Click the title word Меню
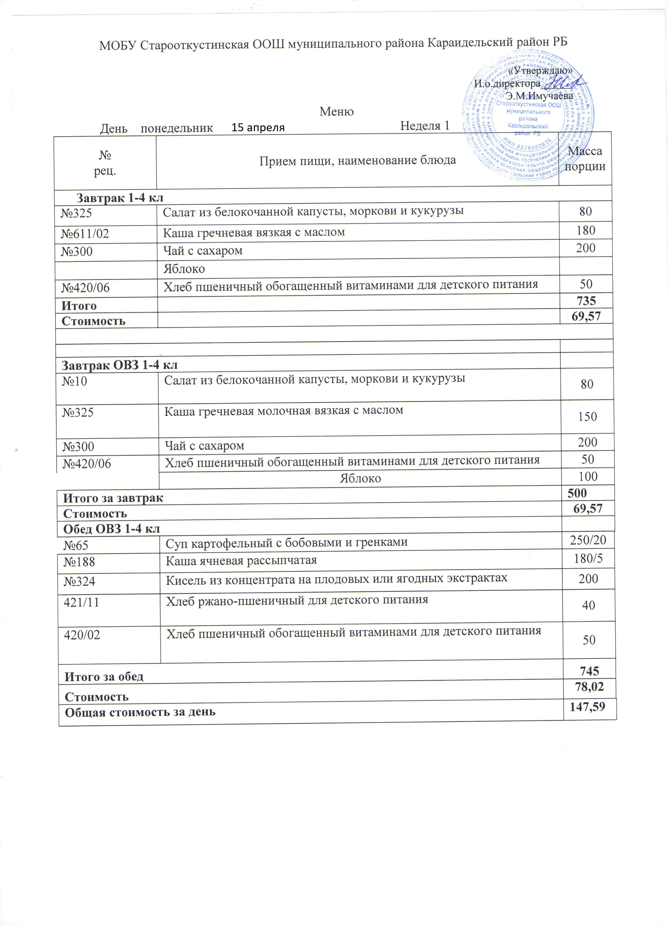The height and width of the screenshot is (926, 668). click(336, 111)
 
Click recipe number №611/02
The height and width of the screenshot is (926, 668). click(85, 233)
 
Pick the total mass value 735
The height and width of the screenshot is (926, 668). click(586, 301)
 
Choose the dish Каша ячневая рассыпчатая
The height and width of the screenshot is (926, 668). click(241, 560)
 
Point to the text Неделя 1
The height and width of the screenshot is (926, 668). click(424, 126)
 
